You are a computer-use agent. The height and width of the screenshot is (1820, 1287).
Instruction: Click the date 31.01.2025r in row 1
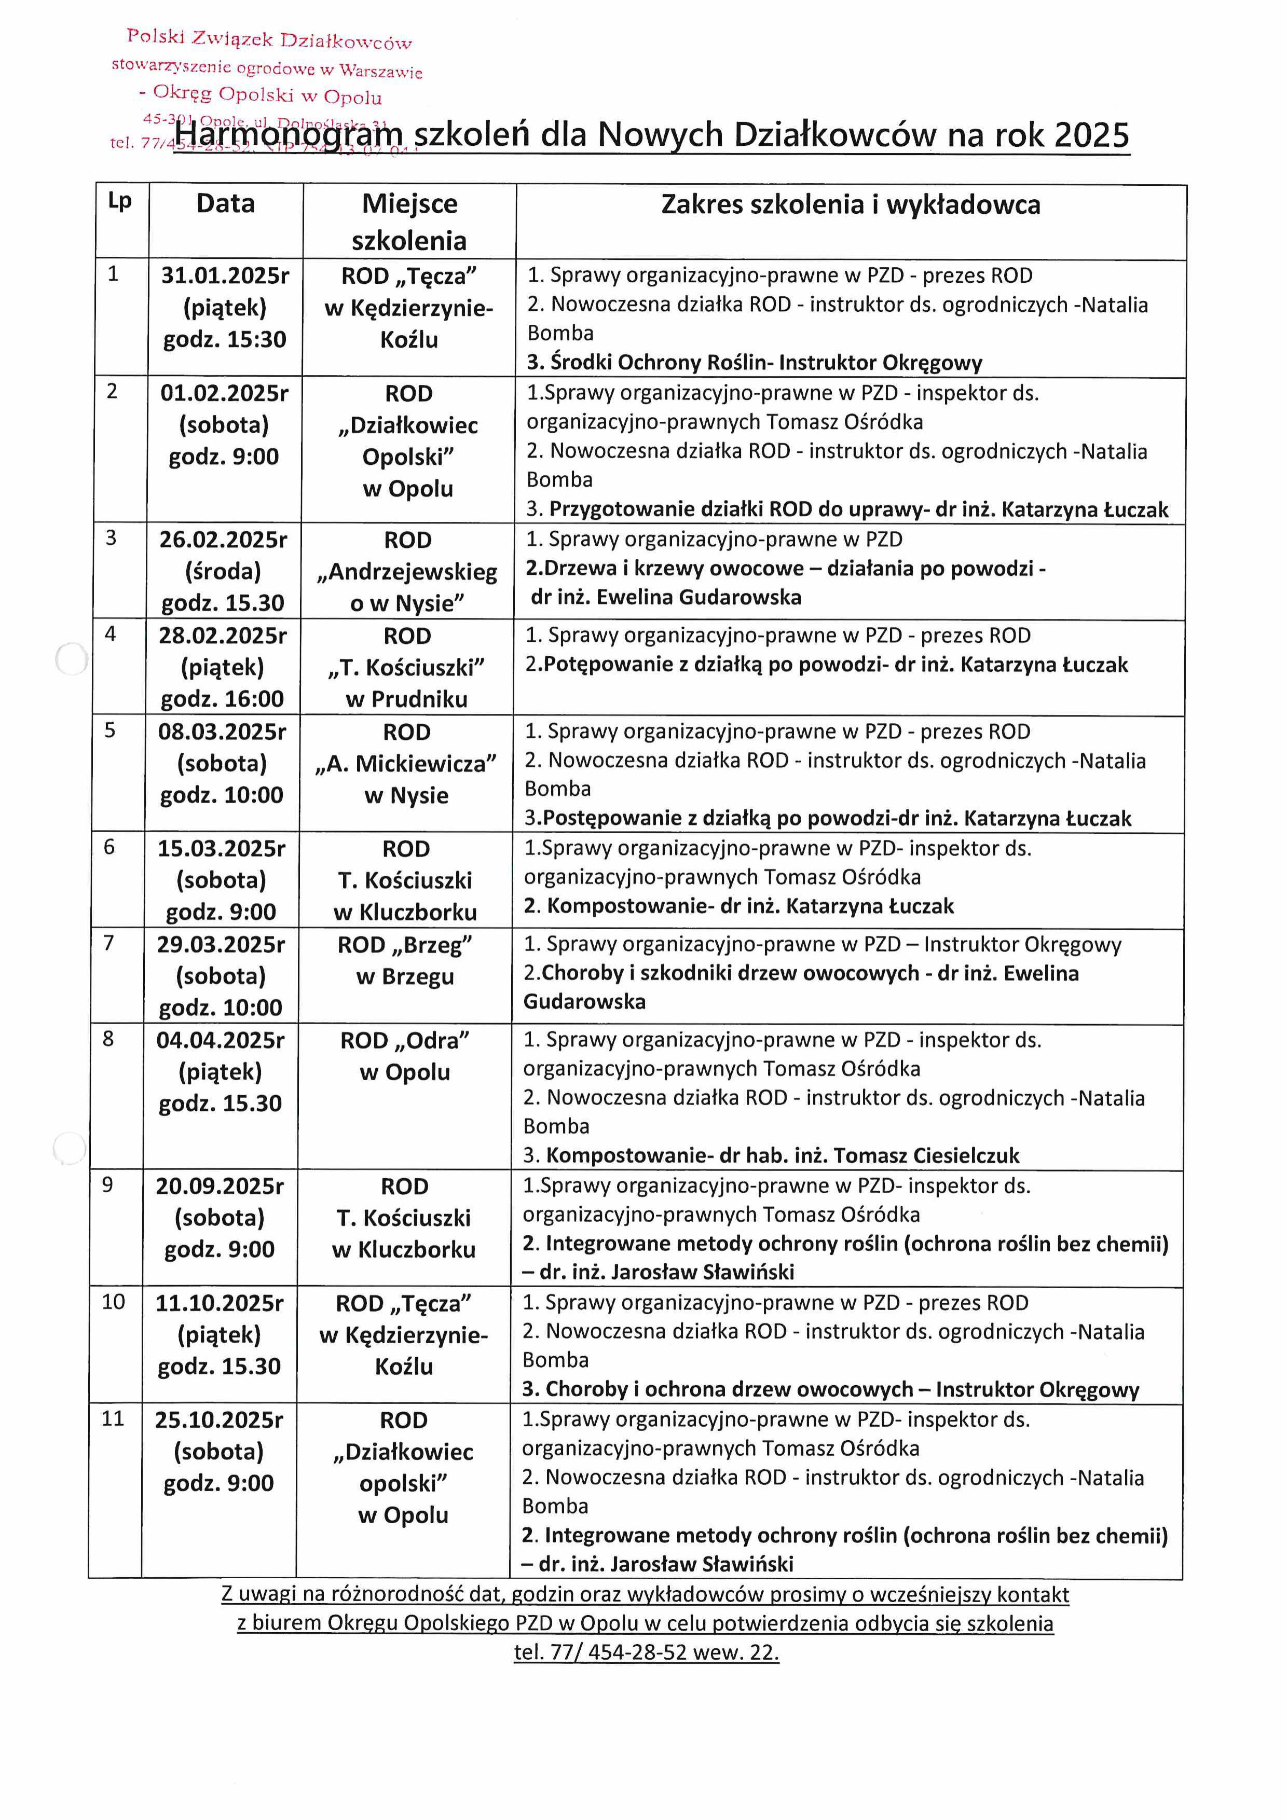(225, 276)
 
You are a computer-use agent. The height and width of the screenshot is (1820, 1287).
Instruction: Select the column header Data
(225, 204)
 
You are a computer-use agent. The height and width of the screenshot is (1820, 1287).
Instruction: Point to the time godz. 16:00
(222, 699)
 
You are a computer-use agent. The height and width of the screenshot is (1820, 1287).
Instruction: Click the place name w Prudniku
(407, 699)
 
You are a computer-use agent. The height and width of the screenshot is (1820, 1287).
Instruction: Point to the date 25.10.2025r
(219, 1419)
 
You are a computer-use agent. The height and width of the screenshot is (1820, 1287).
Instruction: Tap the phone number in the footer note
(646, 1653)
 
